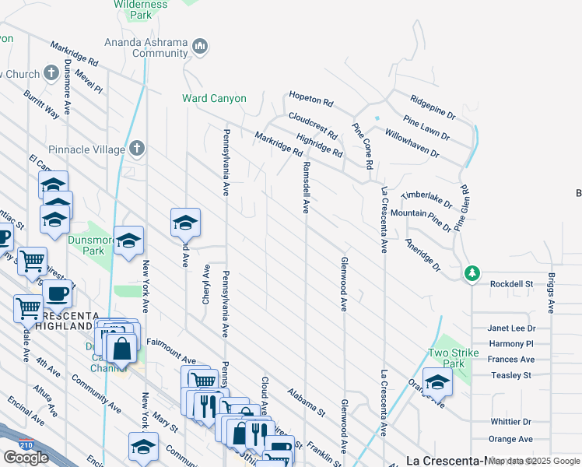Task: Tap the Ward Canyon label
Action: pyautogui.click(x=214, y=99)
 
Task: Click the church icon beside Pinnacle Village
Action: pyautogui.click(x=137, y=148)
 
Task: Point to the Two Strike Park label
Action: pyautogui.click(x=447, y=358)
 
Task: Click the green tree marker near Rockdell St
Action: pyautogui.click(x=472, y=273)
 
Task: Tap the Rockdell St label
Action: pyautogui.click(x=511, y=284)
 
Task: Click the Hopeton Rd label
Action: pyautogui.click(x=310, y=101)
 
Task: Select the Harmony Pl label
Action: pyautogui.click(x=510, y=344)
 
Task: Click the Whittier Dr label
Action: pyautogui.click(x=510, y=422)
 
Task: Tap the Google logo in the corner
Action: pyautogui.click(x=26, y=458)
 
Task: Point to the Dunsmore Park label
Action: pyautogui.click(x=86, y=246)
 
